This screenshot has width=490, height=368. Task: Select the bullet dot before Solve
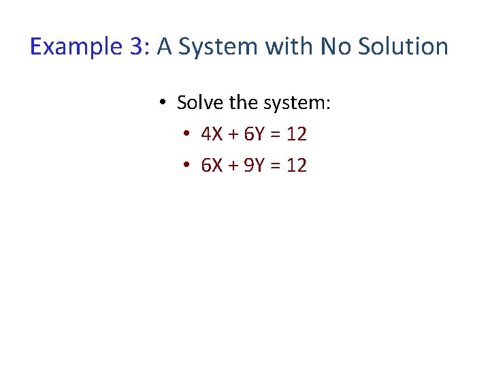163,104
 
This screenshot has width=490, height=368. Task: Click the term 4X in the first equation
211,134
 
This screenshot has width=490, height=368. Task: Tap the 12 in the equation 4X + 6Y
296,134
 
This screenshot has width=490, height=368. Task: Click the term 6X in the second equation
211,165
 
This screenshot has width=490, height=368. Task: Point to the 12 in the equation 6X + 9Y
296,165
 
